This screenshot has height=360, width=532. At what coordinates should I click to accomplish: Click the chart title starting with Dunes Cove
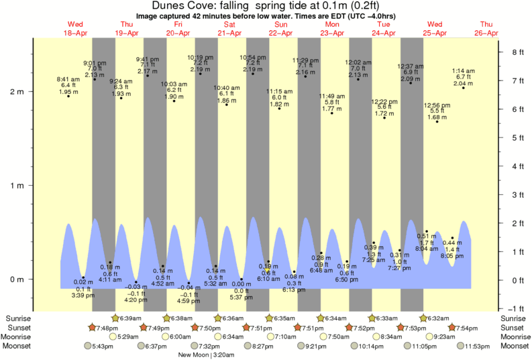coord(266,5)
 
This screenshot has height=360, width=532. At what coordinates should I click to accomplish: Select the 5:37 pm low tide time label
coord(242,297)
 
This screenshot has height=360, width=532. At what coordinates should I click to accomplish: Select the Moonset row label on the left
coord(16,346)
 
